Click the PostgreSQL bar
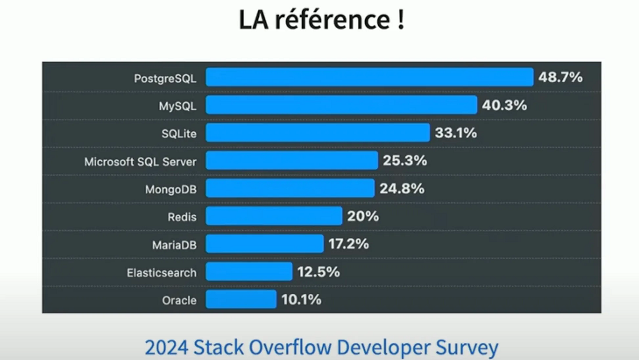[369, 77]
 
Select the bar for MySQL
[341, 105]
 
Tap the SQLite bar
[318, 133]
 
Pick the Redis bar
[274, 216]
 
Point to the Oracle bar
[241, 299]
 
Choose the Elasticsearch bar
[249, 271]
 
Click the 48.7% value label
[560, 77]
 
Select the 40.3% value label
[504, 105]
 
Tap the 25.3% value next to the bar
[405, 161]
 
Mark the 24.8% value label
[402, 188]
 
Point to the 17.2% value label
[348, 244]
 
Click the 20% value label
[363, 216]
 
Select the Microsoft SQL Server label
[140, 162]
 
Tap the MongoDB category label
[171, 189]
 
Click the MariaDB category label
[174, 245]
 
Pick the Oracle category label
[179, 300]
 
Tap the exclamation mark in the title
[400, 21]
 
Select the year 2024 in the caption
[167, 348]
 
